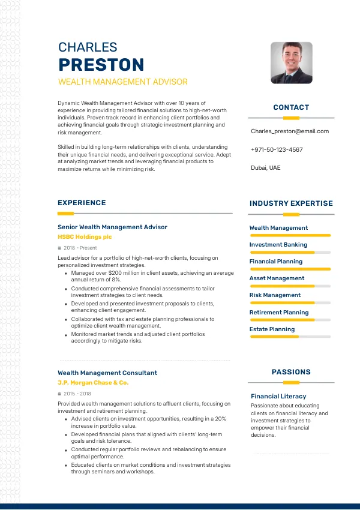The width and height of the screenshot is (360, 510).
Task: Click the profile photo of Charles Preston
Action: click(292, 62)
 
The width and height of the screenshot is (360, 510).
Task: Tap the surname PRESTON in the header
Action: click(101, 65)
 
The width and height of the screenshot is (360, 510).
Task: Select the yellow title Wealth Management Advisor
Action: click(122, 82)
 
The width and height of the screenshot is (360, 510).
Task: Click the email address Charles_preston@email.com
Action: click(290, 131)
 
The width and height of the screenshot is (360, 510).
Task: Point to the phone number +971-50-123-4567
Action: click(277, 149)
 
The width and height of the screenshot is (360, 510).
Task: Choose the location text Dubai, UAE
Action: click(265, 168)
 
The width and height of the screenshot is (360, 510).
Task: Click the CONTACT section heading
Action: click(291, 107)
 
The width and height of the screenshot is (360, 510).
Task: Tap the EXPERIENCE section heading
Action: click(82, 203)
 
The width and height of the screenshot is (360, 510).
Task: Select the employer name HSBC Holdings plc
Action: click(85, 237)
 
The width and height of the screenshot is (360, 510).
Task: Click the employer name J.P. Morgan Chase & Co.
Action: click(93, 382)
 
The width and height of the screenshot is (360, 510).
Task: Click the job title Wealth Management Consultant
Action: click(107, 373)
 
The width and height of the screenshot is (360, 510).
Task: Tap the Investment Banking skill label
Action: click(278, 245)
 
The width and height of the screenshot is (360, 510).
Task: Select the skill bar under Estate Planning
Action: click(290, 337)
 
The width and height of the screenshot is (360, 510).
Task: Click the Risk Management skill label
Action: click(275, 295)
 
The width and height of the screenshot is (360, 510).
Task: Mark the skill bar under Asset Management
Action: click(290, 286)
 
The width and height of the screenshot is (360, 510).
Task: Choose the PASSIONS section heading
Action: click(291, 372)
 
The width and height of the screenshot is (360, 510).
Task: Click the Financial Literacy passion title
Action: click(278, 396)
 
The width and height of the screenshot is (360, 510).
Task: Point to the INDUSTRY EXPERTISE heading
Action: click(291, 203)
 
